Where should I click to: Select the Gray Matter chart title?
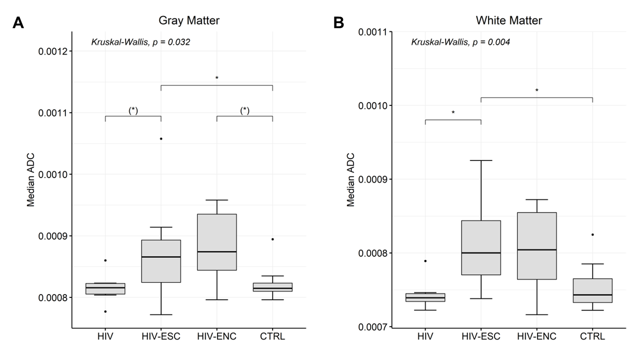[x=189, y=20]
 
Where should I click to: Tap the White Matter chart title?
[x=509, y=20]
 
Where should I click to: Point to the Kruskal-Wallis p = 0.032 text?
[x=140, y=42]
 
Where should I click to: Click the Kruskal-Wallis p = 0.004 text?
[x=460, y=42]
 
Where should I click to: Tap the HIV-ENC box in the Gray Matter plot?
[x=217, y=242]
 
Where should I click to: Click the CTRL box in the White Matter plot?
[x=592, y=290]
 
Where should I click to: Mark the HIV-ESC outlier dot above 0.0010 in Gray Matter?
[x=161, y=138]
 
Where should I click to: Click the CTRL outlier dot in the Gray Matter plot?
[x=272, y=239]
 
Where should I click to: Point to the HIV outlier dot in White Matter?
[x=425, y=260]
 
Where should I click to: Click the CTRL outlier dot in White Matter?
[x=592, y=234]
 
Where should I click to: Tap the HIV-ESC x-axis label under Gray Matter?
[x=161, y=336]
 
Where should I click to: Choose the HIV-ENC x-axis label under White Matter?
[x=536, y=336]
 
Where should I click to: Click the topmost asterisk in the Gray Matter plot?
[x=217, y=78]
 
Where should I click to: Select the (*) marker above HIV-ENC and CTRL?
[x=244, y=110]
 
